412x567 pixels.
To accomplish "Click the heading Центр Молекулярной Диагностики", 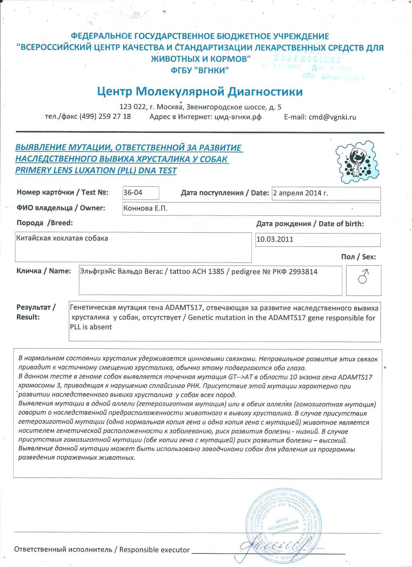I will [200, 92].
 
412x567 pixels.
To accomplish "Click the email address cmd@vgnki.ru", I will [332, 117].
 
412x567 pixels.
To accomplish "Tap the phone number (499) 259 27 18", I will [105, 117].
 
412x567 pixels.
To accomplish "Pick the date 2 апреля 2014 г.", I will [300, 193].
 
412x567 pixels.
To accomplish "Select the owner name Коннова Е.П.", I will [145, 209].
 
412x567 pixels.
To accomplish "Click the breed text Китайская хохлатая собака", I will [62, 238].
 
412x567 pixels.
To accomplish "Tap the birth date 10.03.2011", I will [275, 239].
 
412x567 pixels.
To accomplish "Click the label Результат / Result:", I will [35, 312].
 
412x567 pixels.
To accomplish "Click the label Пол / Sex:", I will [358, 257].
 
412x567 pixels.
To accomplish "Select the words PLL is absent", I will [91, 327].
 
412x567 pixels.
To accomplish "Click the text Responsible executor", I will [154, 550].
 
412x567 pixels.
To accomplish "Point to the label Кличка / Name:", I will [43, 271].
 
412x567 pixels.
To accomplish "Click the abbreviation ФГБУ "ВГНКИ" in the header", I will [200, 70].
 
